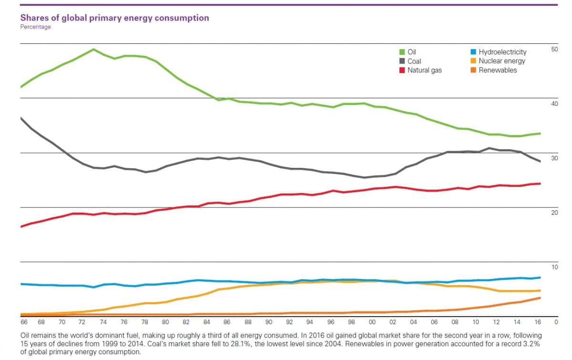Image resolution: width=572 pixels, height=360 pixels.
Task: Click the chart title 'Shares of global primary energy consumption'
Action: click(x=114, y=18)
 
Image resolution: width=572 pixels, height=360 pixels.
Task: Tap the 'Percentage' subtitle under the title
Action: click(x=35, y=27)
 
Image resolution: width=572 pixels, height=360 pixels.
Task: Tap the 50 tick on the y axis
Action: click(x=554, y=49)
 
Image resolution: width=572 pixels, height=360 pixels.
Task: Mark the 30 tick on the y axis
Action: click(x=554, y=158)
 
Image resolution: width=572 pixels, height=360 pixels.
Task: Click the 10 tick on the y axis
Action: click(x=554, y=267)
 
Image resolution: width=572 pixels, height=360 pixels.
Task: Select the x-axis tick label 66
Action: click(x=24, y=322)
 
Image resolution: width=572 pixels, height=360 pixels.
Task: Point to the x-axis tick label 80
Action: click(x=165, y=322)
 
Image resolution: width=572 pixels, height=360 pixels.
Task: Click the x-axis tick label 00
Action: click(x=372, y=322)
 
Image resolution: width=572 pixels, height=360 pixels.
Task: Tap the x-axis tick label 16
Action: click(x=538, y=322)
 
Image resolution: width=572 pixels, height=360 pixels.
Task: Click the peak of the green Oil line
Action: click(x=93, y=49)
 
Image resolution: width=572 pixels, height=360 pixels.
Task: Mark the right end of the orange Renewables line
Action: click(x=540, y=298)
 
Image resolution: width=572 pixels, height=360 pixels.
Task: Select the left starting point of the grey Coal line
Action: click(x=21, y=117)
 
